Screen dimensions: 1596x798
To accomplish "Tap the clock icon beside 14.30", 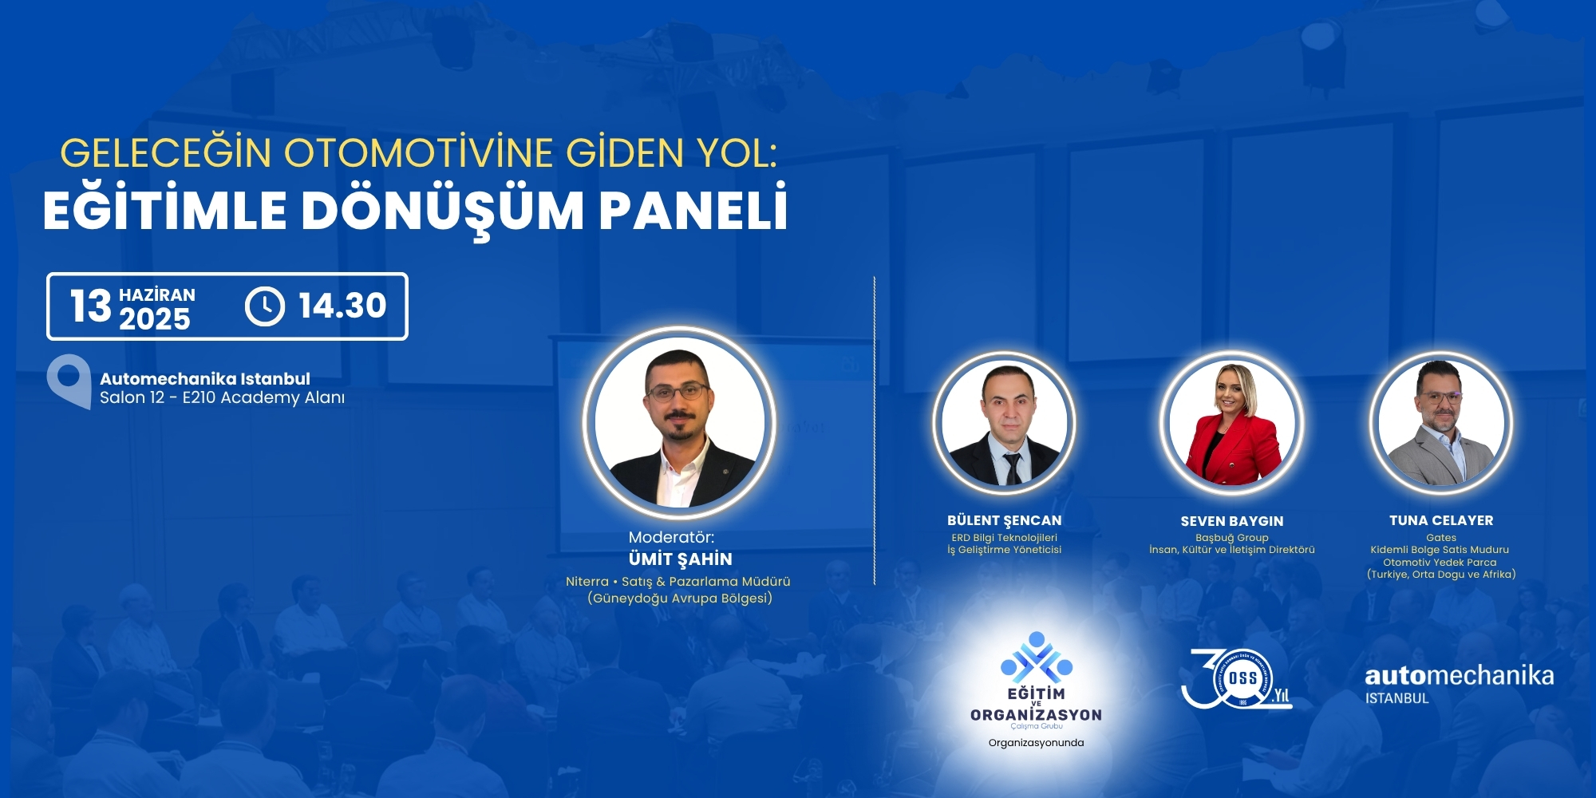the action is click(x=265, y=306).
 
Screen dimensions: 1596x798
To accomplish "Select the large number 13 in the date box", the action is click(x=91, y=306).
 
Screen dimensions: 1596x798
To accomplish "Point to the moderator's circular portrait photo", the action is click(x=680, y=423).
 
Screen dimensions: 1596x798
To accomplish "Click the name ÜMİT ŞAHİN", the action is click(x=680, y=559).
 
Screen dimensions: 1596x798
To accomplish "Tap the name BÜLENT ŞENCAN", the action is click(x=1005, y=520).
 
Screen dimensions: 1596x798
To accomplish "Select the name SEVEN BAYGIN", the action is click(x=1232, y=521).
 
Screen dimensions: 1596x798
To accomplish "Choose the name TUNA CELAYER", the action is click(x=1441, y=520).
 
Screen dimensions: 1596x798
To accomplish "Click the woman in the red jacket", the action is click(x=1232, y=423).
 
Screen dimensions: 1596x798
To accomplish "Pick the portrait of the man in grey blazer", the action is click(x=1441, y=423).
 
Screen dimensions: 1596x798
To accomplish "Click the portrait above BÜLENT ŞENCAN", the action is click(x=1005, y=423).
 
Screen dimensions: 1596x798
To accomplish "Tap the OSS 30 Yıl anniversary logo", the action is click(x=1236, y=679).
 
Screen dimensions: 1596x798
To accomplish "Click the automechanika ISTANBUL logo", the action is click(x=1460, y=685).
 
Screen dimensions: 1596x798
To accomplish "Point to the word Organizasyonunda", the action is click(x=1036, y=743).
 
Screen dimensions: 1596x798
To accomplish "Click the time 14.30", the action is click(x=342, y=306).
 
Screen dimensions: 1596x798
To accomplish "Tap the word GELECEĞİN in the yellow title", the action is click(x=166, y=152).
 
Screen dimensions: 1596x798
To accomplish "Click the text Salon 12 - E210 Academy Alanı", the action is click(x=223, y=397).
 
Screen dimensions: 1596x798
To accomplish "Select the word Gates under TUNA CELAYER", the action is click(x=1441, y=538).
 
